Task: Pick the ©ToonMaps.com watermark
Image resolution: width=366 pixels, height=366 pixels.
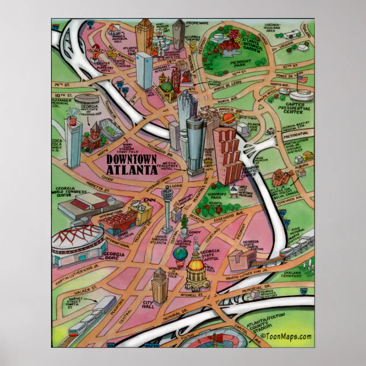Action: coord(289,336)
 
